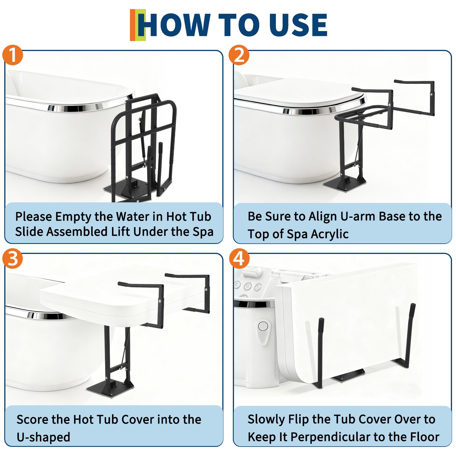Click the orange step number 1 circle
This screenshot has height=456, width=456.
click(13, 55)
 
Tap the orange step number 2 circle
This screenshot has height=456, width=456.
click(239, 55)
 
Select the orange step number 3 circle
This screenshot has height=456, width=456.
click(13, 258)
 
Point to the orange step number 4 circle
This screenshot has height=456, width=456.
click(239, 258)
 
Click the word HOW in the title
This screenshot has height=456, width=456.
click(176, 25)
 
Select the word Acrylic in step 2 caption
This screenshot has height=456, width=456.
click(330, 234)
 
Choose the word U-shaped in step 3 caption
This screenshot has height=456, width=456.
click(43, 437)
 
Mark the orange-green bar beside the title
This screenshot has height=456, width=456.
click(138, 25)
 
